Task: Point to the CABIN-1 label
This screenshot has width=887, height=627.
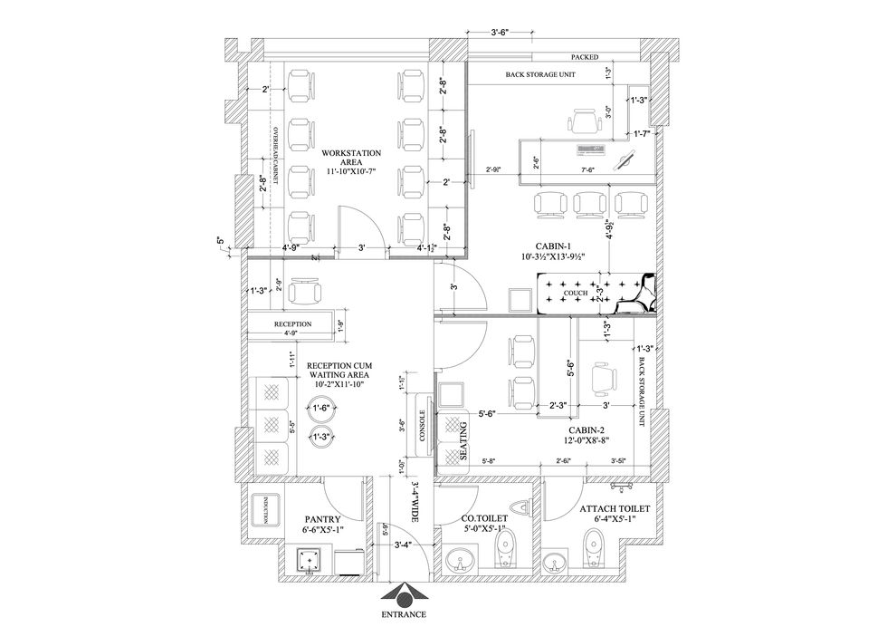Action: click(x=553, y=251)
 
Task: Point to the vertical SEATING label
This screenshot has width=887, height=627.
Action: click(x=463, y=440)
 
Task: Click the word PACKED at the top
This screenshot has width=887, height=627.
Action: click(x=585, y=56)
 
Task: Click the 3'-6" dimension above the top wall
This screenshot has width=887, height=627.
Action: click(x=500, y=33)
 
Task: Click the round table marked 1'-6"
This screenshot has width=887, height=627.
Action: click(x=320, y=410)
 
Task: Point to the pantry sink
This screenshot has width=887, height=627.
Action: click(x=310, y=562)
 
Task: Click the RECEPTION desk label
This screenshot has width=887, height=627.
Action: click(x=292, y=323)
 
